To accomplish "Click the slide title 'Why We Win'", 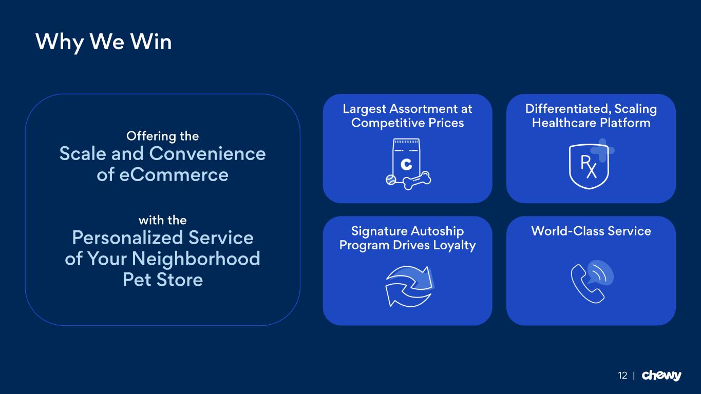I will click(x=103, y=42).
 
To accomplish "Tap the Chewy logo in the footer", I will click(x=661, y=376).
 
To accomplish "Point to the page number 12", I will click(x=622, y=376).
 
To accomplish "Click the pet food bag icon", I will click(x=406, y=159).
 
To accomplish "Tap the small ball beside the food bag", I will click(x=391, y=180).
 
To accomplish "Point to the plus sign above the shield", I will click(x=602, y=150).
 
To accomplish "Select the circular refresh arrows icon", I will click(x=409, y=286).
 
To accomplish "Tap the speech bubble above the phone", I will click(x=600, y=272).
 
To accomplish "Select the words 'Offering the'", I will click(x=162, y=136).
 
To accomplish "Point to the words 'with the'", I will click(x=162, y=220).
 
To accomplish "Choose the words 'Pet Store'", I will click(x=162, y=280).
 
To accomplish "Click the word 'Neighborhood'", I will click(x=196, y=259).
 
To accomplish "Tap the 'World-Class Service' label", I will click(x=591, y=231).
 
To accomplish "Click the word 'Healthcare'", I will click(x=562, y=123).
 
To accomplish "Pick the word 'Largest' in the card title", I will click(x=364, y=109).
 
